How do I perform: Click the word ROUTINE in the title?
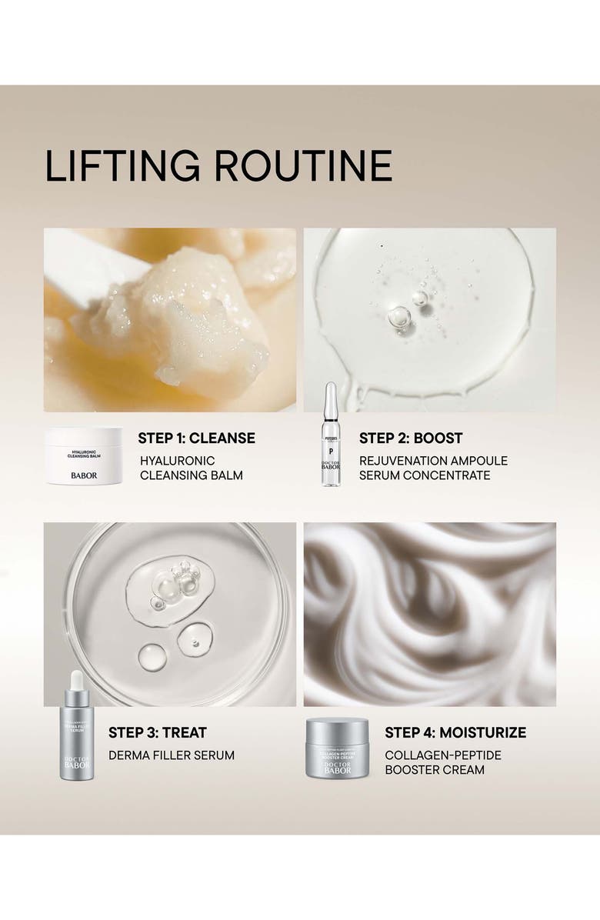point(303,166)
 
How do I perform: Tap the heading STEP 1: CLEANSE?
point(196,438)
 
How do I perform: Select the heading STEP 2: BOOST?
point(411,438)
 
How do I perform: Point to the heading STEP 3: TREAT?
point(158,732)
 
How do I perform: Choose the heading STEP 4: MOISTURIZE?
point(455,732)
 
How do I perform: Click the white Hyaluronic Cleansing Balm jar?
point(84,456)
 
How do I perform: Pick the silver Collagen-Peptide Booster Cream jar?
point(337,749)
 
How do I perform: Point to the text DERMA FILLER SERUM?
point(171,755)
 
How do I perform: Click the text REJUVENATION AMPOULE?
point(433,461)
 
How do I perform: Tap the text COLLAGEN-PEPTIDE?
point(442,755)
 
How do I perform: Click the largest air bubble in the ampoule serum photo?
point(399,316)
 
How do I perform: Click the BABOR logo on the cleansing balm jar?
point(84,475)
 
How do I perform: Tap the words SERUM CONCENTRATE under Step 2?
point(425,475)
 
